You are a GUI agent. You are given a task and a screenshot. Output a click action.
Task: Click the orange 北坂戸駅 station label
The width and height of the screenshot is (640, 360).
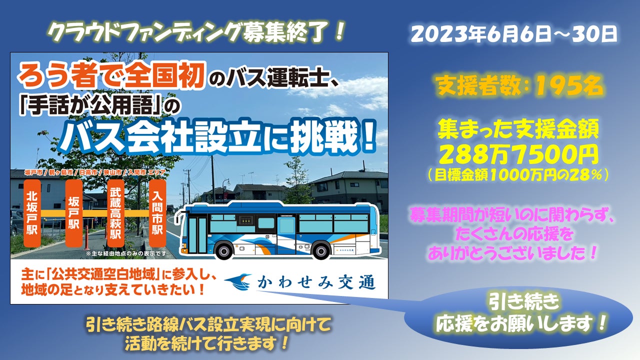(x=32, y=213)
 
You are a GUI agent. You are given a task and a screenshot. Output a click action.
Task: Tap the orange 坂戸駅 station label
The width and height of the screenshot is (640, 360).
(x=74, y=213)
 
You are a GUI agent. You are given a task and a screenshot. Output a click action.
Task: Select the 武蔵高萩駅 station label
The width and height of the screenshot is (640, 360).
(x=115, y=213)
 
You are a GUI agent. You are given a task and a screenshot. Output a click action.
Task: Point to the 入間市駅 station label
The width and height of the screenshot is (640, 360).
(x=157, y=213)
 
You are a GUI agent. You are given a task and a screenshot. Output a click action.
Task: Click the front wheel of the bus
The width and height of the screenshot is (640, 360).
(x=224, y=250)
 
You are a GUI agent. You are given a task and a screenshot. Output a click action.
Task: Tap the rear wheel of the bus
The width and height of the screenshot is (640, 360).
(x=321, y=250)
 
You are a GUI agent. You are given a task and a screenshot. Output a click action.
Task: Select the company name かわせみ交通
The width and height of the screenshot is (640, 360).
(x=316, y=282)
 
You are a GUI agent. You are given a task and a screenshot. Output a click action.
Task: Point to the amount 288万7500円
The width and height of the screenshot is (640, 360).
(x=518, y=154)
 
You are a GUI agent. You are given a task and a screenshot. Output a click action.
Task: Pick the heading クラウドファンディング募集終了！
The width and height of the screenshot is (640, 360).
(x=196, y=32)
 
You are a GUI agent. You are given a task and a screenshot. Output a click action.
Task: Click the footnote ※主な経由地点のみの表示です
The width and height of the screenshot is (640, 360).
(x=125, y=253)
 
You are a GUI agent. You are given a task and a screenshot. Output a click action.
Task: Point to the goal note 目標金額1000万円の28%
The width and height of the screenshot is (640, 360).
(x=518, y=175)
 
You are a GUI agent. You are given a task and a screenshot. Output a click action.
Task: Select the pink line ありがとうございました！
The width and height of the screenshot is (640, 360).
(x=513, y=252)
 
